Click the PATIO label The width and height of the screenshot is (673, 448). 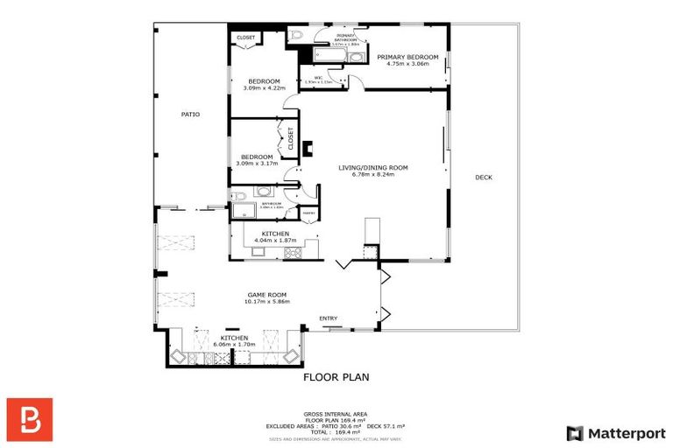click(x=190, y=114)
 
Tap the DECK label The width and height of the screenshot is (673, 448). click(x=483, y=178)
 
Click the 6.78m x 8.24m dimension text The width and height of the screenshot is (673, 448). click(x=373, y=174)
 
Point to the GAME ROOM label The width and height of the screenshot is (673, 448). click(x=266, y=294)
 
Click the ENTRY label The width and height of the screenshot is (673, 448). click(x=328, y=318)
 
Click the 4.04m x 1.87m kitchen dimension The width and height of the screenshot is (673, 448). click(x=275, y=240)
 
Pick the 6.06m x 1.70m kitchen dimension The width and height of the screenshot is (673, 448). click(x=234, y=345)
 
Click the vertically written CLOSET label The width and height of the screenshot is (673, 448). click(x=290, y=137)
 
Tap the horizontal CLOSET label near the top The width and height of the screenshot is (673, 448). click(x=246, y=38)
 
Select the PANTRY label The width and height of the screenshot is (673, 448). click(x=308, y=213)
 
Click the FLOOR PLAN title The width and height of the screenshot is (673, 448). click(x=336, y=378)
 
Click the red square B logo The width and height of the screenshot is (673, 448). click(x=30, y=419)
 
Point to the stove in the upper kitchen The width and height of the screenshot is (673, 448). click(x=293, y=253)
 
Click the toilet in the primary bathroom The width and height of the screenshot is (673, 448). click(x=295, y=37)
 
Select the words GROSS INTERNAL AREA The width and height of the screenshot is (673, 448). click(x=336, y=414)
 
